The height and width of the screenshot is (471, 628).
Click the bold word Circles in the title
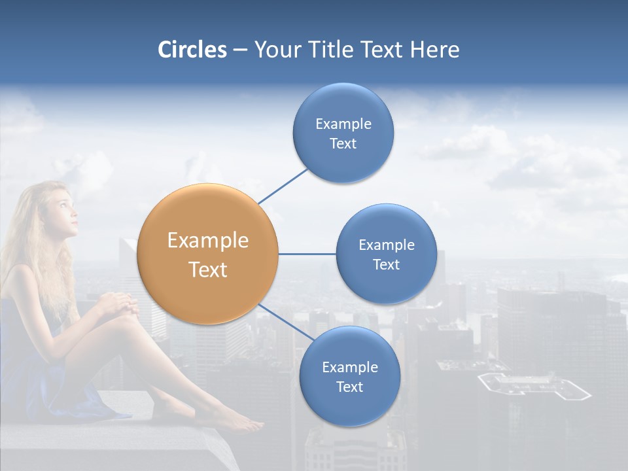(x=192, y=50)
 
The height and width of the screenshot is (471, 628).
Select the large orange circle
(x=208, y=254)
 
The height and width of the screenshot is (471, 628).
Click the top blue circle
(x=343, y=133)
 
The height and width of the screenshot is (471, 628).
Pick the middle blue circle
(x=387, y=254)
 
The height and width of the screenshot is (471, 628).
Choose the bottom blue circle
(x=349, y=376)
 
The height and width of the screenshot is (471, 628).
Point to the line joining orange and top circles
(x=283, y=186)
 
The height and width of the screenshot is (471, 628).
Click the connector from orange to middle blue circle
(x=307, y=254)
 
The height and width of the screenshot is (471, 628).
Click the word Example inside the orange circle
(x=208, y=241)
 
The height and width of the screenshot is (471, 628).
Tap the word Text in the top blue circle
(x=343, y=143)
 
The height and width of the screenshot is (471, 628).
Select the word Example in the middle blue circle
(x=387, y=245)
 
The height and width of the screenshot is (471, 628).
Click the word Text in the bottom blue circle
(x=349, y=387)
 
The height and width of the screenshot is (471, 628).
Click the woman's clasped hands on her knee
(x=118, y=305)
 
